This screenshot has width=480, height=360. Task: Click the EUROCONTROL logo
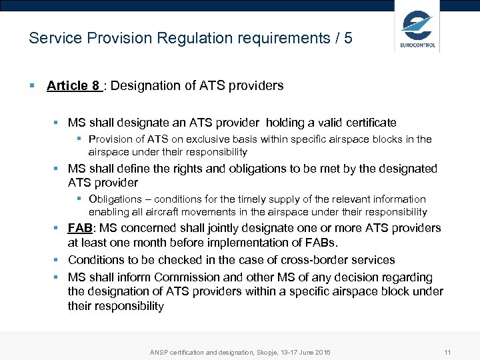point(418,27)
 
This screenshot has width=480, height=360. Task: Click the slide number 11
point(447,352)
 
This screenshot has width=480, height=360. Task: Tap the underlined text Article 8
point(73,85)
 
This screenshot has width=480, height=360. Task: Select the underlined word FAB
point(80,228)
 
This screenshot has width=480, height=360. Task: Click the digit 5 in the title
point(348,38)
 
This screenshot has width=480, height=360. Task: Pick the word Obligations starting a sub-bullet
point(115,199)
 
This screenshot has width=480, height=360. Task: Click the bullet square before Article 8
point(32,85)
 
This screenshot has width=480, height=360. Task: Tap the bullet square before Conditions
point(57,259)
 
